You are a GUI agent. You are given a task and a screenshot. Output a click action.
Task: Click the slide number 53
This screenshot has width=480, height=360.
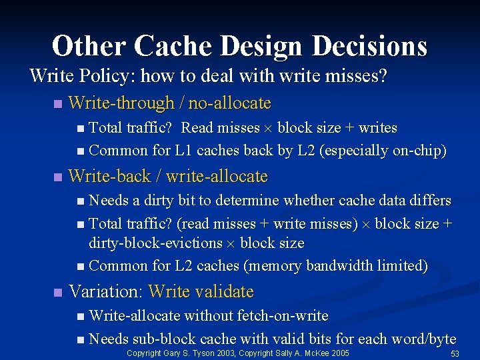point(456,353)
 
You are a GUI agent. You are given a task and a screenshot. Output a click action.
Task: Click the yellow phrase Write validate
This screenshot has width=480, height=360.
point(201,291)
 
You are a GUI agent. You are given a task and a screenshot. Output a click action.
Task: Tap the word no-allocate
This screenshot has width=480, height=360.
point(230,103)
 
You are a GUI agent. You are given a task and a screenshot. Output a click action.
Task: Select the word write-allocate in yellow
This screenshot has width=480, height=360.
point(217,177)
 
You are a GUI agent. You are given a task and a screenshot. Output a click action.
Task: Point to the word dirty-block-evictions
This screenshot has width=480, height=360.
point(156,243)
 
